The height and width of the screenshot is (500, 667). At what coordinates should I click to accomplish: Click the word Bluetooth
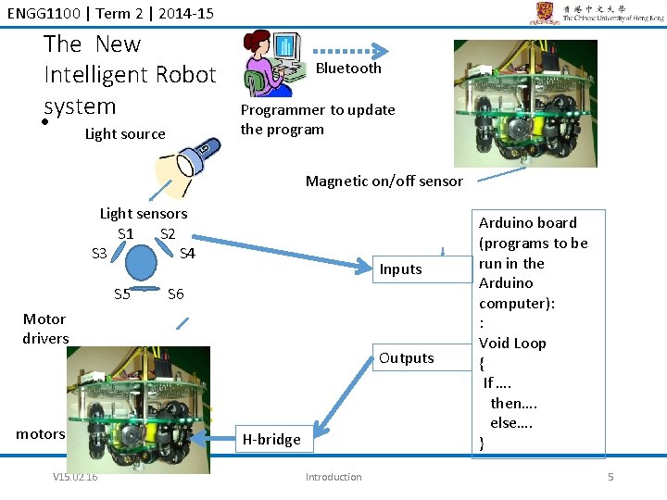[x=348, y=69]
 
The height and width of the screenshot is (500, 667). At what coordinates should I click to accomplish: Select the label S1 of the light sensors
[x=126, y=233]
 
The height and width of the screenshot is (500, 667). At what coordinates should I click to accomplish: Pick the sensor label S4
[x=187, y=253]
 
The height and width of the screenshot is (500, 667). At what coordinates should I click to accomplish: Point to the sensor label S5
[x=122, y=294]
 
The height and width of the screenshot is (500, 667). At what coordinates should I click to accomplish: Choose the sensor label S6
[x=175, y=294]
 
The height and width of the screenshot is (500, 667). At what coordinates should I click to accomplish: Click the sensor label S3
[x=99, y=253]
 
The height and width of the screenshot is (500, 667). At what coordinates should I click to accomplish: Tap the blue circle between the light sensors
[x=143, y=263]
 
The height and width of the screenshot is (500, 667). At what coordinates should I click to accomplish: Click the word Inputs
[x=400, y=269]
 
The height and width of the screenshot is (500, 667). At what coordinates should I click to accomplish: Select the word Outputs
[x=406, y=358]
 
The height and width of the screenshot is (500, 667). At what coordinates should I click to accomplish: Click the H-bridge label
[x=271, y=440]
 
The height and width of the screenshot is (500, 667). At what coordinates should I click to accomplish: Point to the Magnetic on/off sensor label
[x=384, y=181]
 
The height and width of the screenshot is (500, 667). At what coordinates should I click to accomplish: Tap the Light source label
[x=125, y=134]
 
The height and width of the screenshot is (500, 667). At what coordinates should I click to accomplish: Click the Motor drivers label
[x=46, y=329]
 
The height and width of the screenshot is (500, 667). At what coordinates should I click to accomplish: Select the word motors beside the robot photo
[x=41, y=433]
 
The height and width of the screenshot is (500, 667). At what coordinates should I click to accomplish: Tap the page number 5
[x=610, y=477]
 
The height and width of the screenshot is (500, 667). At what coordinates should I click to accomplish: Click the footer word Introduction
[x=333, y=477]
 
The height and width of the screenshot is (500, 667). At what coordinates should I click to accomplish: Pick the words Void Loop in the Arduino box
[x=512, y=343]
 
